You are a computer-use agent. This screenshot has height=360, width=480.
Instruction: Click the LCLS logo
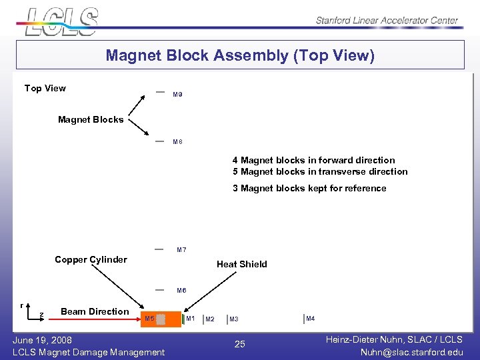pos(61,21)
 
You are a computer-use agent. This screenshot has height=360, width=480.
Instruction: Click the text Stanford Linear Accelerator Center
pos(387,21)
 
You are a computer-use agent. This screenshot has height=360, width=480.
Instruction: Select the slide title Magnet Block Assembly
pos(240,55)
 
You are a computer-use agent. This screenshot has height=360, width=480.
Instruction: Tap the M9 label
pos(177,95)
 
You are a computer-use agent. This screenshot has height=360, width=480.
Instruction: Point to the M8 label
pos(177,142)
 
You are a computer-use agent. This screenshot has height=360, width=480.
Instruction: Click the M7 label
pos(181,250)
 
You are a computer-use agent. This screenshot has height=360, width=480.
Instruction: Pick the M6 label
pos(181,291)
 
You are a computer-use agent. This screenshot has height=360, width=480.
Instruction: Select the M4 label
pos(310,319)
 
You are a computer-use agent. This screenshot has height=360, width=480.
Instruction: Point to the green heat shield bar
pos(183,319)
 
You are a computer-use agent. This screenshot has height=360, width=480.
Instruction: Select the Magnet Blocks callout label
pos(91,120)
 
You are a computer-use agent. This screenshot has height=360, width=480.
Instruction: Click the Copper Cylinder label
pos(91,260)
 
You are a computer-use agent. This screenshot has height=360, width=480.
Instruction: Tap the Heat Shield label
pos(241,265)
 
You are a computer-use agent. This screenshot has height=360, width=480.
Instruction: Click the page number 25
pos(240,344)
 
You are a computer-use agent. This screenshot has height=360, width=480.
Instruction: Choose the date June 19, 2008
pos(43,340)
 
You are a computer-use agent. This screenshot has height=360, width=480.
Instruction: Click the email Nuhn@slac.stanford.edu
pos(411,352)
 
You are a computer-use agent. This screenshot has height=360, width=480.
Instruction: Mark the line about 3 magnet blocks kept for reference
pos(309,189)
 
